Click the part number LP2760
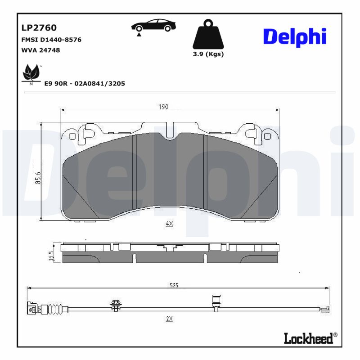click(39, 28)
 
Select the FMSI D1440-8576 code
click(51, 40)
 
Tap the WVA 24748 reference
click(40, 50)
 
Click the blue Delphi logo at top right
click(294, 37)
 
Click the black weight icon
click(208, 34)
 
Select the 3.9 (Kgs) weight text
click(208, 54)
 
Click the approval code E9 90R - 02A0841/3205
click(84, 83)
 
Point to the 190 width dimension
click(162, 107)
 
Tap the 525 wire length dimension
click(174, 285)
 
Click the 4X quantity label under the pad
click(169, 223)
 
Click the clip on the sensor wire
click(116, 306)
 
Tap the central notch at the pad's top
click(170, 135)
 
